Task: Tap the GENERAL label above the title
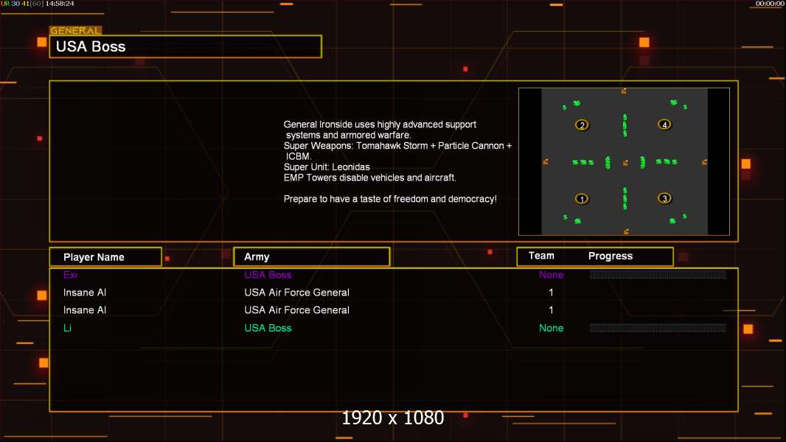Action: pyautogui.click(x=75, y=31)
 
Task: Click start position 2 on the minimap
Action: pyautogui.click(x=582, y=125)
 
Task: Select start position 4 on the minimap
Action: pyautogui.click(x=665, y=125)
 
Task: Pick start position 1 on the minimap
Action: pyautogui.click(x=582, y=199)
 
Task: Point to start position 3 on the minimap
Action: pyautogui.click(x=665, y=199)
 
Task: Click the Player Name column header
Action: pyautogui.click(x=94, y=257)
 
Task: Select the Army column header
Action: pyautogui.click(x=257, y=257)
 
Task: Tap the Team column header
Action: pyautogui.click(x=541, y=256)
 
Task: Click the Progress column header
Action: pyautogui.click(x=611, y=256)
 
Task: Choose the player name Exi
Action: pyautogui.click(x=71, y=275)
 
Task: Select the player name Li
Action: pyautogui.click(x=67, y=328)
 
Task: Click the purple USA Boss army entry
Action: pyautogui.click(x=268, y=275)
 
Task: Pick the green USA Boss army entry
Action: pyautogui.click(x=268, y=328)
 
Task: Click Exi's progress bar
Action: pyautogui.click(x=658, y=275)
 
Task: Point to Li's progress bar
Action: pyautogui.click(x=658, y=328)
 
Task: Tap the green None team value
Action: pyautogui.click(x=551, y=328)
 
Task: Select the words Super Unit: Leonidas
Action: pyautogui.click(x=327, y=167)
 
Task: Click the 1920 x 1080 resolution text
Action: pyautogui.click(x=393, y=418)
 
